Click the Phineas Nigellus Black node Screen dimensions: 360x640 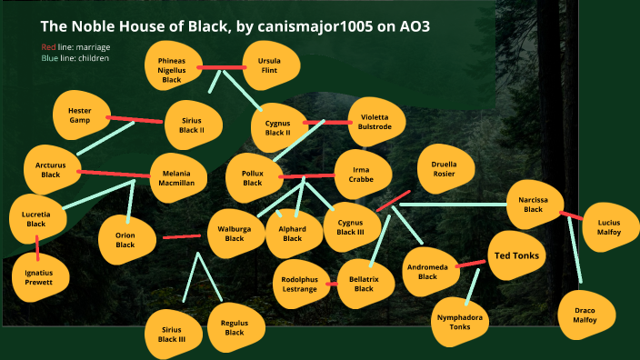172,67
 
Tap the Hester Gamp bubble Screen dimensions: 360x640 81,115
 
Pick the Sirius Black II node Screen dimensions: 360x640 191,125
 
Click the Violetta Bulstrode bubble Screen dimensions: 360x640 375,122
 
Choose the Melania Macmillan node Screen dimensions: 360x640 178,176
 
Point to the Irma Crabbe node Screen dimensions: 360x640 362,174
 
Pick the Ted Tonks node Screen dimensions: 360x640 516,255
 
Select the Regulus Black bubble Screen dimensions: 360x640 235,327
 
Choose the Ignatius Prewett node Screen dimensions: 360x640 39,276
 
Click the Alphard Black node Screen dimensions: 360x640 292,234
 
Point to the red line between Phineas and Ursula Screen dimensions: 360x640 222,67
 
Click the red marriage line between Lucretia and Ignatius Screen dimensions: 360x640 37,246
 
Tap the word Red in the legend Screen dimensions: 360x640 48,46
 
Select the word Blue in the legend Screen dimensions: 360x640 50,58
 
